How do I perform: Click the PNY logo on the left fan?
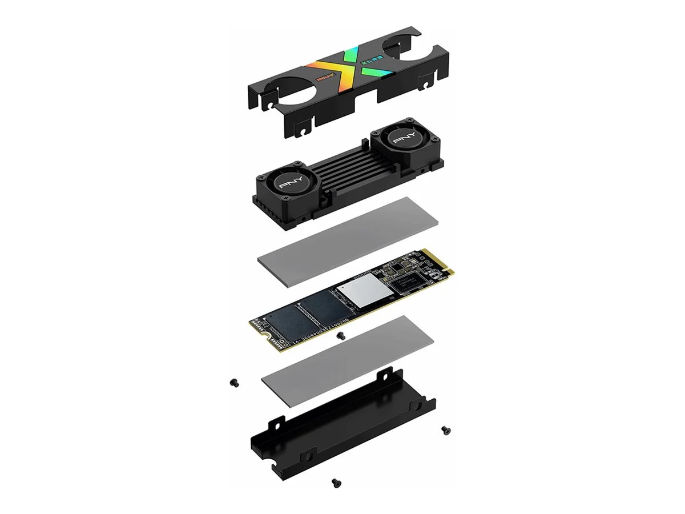tap(289, 184)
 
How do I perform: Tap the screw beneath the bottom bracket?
tap(333, 483)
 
